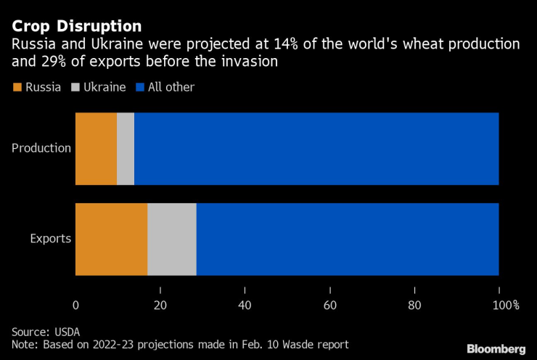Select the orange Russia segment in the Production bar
pos(96,149)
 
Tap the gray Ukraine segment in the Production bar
pos(126,149)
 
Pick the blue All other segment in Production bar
pos(316,149)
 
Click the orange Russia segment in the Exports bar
pos(111,240)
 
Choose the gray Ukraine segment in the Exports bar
pos(172,240)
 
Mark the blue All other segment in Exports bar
pos(348,240)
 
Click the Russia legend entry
pos(38,87)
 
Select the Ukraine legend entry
pos(99,87)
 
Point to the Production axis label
pos(41,149)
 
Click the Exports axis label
pos(50,239)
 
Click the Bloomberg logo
pos(496,349)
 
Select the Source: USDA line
pos(46,332)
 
